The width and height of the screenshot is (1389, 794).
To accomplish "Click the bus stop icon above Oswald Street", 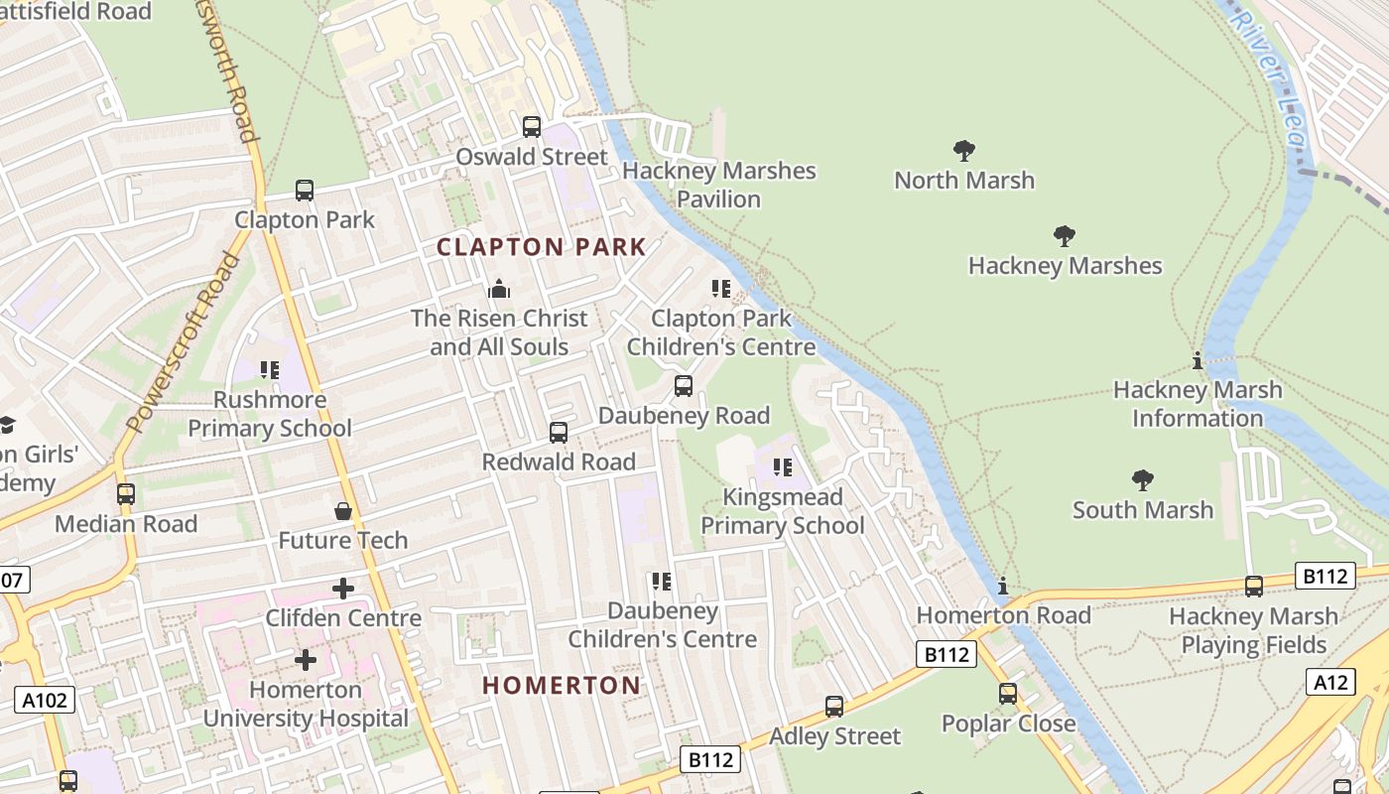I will [532, 127].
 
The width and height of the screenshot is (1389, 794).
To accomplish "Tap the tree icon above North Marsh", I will [963, 151].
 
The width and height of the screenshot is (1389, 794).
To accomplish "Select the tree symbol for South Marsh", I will [1143, 481].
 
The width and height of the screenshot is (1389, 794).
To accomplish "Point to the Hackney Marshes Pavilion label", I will [719, 185].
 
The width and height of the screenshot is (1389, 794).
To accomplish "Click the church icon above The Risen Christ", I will [499, 289].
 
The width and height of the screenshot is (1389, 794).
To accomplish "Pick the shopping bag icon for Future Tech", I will [343, 511].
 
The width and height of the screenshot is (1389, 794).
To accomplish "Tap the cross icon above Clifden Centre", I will [343, 589].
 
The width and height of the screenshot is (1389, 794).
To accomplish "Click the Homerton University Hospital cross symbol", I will [306, 659].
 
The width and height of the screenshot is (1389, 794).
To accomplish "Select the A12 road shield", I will [1330, 682].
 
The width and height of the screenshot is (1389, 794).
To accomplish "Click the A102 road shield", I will [46, 700].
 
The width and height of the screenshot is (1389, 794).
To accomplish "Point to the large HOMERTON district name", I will [562, 685].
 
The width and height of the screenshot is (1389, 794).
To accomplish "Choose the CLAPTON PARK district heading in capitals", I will [542, 247].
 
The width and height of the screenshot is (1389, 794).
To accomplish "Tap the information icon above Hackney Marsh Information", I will [1198, 361].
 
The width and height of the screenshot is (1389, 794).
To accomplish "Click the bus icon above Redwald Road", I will [559, 433].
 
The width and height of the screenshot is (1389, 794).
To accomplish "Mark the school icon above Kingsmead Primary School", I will [783, 466].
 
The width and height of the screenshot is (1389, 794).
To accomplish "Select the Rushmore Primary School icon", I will [270, 370].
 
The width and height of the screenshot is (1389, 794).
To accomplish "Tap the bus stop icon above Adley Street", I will [834, 707].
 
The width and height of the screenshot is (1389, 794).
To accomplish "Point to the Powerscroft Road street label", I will [186, 343].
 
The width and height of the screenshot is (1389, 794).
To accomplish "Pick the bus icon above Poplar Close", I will [1008, 694].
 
